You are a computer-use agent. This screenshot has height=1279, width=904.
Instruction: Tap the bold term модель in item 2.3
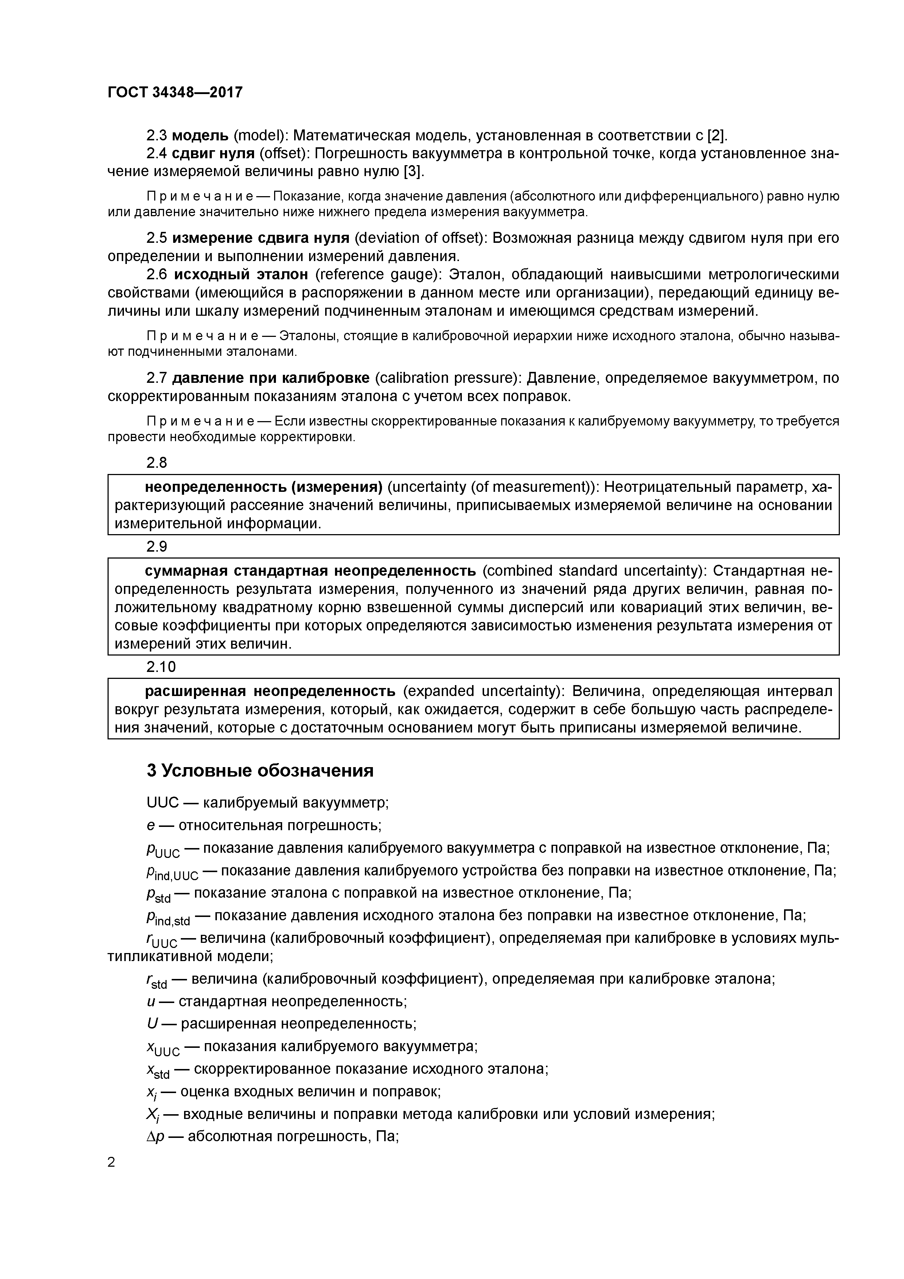coord(200,135)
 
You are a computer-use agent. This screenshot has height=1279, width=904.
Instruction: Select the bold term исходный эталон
coord(241,275)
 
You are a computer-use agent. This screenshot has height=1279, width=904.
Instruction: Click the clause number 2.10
coord(161,667)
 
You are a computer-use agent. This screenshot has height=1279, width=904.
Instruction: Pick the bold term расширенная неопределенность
coord(270,691)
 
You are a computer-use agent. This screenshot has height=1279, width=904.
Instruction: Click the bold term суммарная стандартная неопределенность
coord(310,571)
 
